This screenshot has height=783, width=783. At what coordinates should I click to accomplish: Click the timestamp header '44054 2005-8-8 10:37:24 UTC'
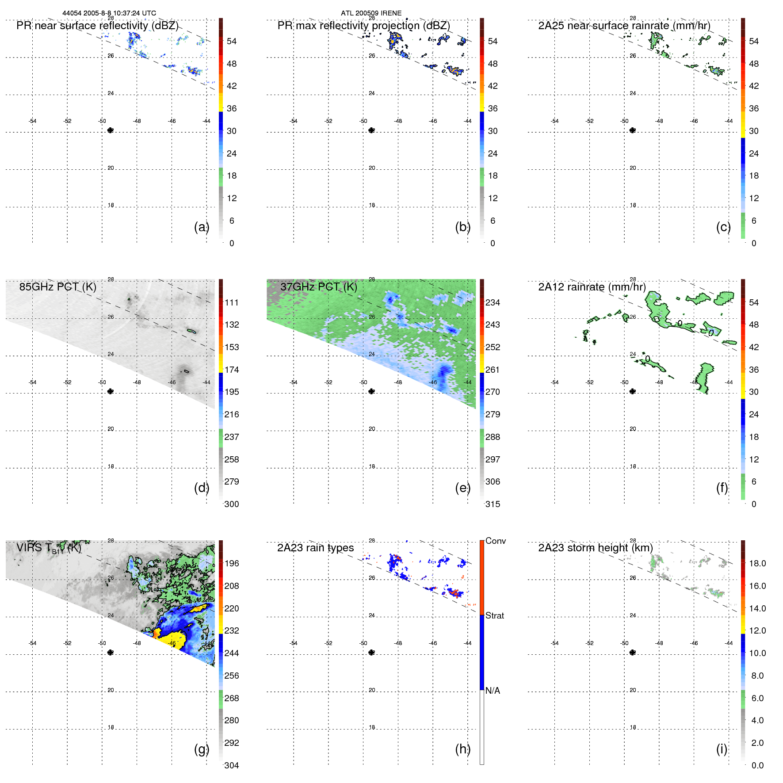[109, 13]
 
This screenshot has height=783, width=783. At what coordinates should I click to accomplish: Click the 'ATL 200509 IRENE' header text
[371, 13]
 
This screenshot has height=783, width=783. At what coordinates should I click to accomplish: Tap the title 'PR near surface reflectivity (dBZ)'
[97, 26]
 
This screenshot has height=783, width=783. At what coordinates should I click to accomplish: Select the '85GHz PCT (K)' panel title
[57, 287]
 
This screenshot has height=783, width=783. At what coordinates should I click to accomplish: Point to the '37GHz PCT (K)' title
[318, 287]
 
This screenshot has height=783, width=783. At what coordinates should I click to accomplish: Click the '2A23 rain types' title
[315, 548]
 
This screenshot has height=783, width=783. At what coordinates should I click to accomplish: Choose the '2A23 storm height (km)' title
[595, 548]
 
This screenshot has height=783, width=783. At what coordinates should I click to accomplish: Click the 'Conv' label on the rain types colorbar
[495, 541]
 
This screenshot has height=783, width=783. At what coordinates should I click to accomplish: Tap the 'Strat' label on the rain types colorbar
[494, 615]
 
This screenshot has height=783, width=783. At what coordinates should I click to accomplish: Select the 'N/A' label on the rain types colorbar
[493, 691]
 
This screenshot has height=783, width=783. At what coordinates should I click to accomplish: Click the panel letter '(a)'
[201, 227]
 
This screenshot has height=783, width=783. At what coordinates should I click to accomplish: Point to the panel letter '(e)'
[462, 488]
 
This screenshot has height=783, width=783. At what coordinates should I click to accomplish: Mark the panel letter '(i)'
[722, 749]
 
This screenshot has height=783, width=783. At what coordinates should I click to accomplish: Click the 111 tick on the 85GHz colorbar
[232, 302]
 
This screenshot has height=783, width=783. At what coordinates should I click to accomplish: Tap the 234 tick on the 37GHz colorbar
[493, 302]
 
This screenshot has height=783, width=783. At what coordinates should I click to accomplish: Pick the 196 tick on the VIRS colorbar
[232, 563]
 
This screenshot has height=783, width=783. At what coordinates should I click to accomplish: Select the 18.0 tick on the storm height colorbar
[757, 563]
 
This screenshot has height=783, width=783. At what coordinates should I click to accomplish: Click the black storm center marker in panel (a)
[111, 130]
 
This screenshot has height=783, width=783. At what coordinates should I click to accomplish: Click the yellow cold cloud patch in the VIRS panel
[168, 639]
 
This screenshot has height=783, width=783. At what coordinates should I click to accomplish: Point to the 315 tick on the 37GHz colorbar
[493, 504]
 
